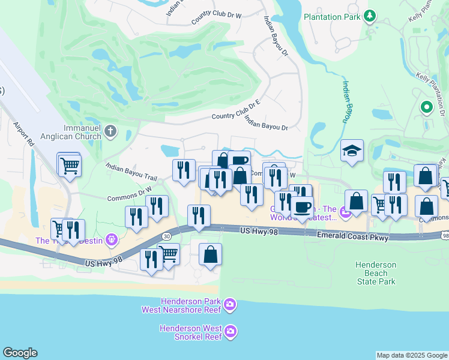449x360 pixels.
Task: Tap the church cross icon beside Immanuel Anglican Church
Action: [x=110, y=131]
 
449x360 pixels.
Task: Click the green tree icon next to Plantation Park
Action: [x=371, y=16]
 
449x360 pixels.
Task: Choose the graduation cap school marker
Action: [x=352, y=152]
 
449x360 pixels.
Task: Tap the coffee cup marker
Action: [x=302, y=208]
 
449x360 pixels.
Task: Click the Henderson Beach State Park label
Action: [x=376, y=273]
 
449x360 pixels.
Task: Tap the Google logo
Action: [x=20, y=353]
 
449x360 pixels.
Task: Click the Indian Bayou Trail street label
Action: [x=131, y=174]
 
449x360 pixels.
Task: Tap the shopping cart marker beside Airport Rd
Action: [x=70, y=166]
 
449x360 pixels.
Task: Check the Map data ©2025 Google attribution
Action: [x=412, y=355]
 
